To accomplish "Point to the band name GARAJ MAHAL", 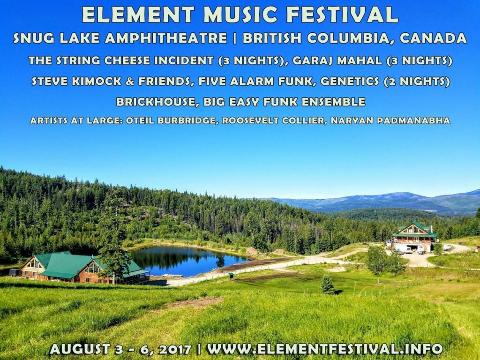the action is (x=337, y=60).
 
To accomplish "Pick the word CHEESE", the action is (x=127, y=60).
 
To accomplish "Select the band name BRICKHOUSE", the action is (x=156, y=102).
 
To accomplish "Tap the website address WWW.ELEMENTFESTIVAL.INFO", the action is (x=325, y=349).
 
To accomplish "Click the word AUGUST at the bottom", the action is (x=80, y=349).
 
